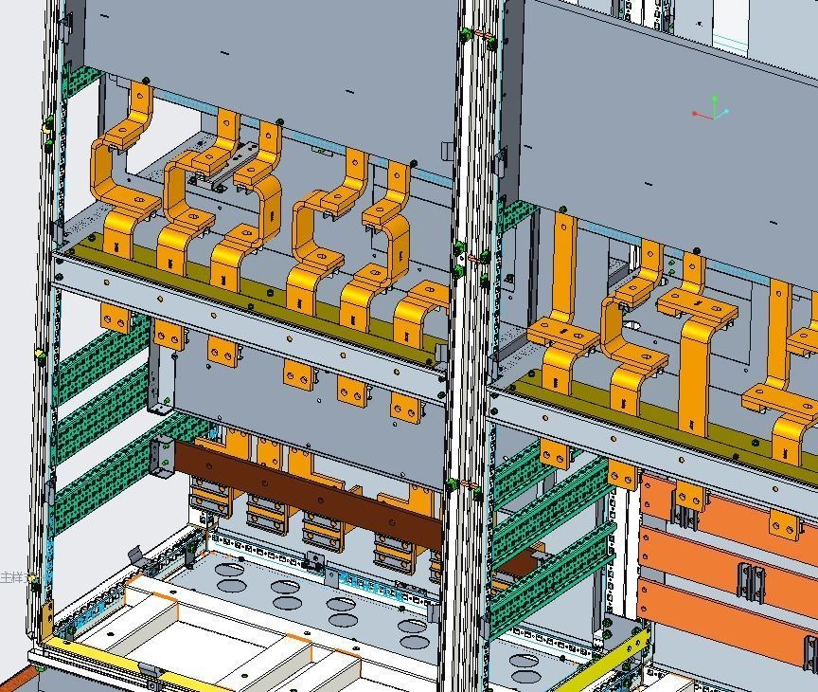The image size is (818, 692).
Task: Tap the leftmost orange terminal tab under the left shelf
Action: pyautogui.click(x=116, y=319)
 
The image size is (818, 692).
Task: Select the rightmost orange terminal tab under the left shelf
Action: pyautogui.click(x=406, y=409)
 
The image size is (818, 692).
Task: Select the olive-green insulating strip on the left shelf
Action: pyautogui.click(x=237, y=284)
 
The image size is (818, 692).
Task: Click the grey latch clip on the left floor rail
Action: pyautogui.click(x=135, y=555)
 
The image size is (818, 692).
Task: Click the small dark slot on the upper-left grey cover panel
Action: pyautogui.click(x=349, y=93)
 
